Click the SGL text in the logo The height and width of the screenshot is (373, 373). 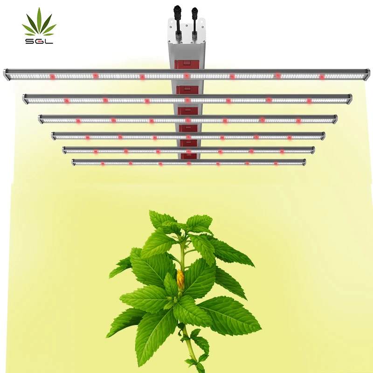[39, 41]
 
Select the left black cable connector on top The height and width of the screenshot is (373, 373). [177, 19]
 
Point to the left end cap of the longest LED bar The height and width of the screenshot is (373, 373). [7, 74]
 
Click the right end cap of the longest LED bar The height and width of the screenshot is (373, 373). [367, 75]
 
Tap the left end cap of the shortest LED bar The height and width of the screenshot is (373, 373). [74, 162]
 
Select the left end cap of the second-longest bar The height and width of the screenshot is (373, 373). [25, 98]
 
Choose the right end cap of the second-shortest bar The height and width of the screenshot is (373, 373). [312, 150]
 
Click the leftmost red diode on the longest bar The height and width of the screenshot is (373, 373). [52, 76]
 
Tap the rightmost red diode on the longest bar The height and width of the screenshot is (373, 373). [321, 76]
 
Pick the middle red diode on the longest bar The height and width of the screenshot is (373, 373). [186, 76]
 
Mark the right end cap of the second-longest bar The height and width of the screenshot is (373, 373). [349, 98]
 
